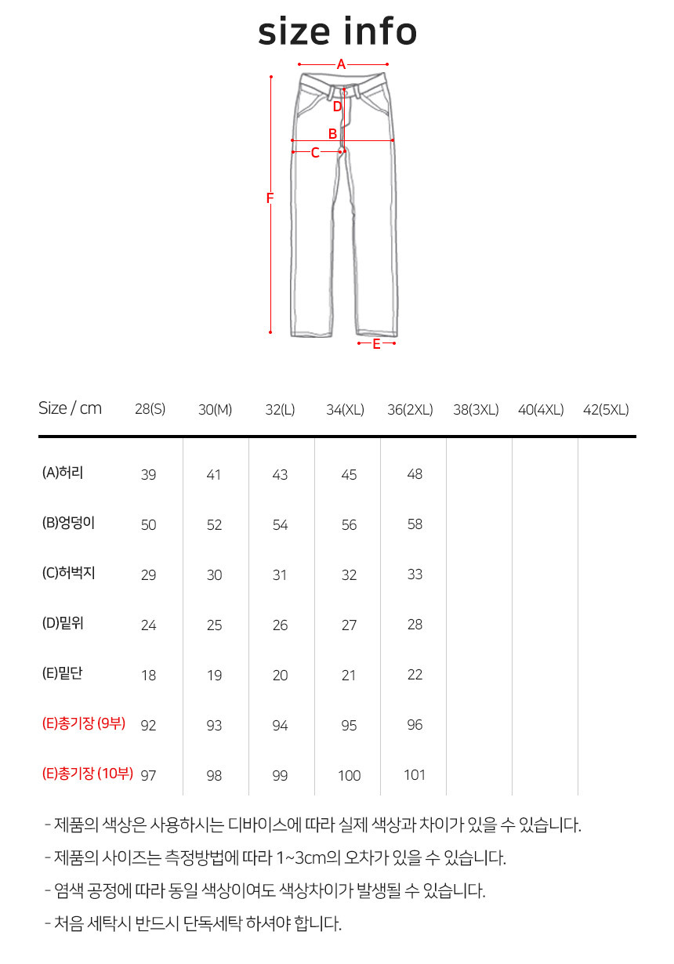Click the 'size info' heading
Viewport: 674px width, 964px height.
pos(337,31)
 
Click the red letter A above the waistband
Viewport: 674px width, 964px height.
pos(341,64)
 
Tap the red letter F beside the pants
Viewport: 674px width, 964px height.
pos(270,198)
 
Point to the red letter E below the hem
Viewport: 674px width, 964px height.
pos(377,344)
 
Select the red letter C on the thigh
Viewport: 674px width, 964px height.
pos(315,153)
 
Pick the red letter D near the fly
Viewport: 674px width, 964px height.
pos(338,107)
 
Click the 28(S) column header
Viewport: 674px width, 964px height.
pos(150,409)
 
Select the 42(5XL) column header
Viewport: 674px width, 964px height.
pos(606,409)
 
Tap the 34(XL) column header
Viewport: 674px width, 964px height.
pos(345,409)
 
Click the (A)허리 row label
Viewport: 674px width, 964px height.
pos(63,473)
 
